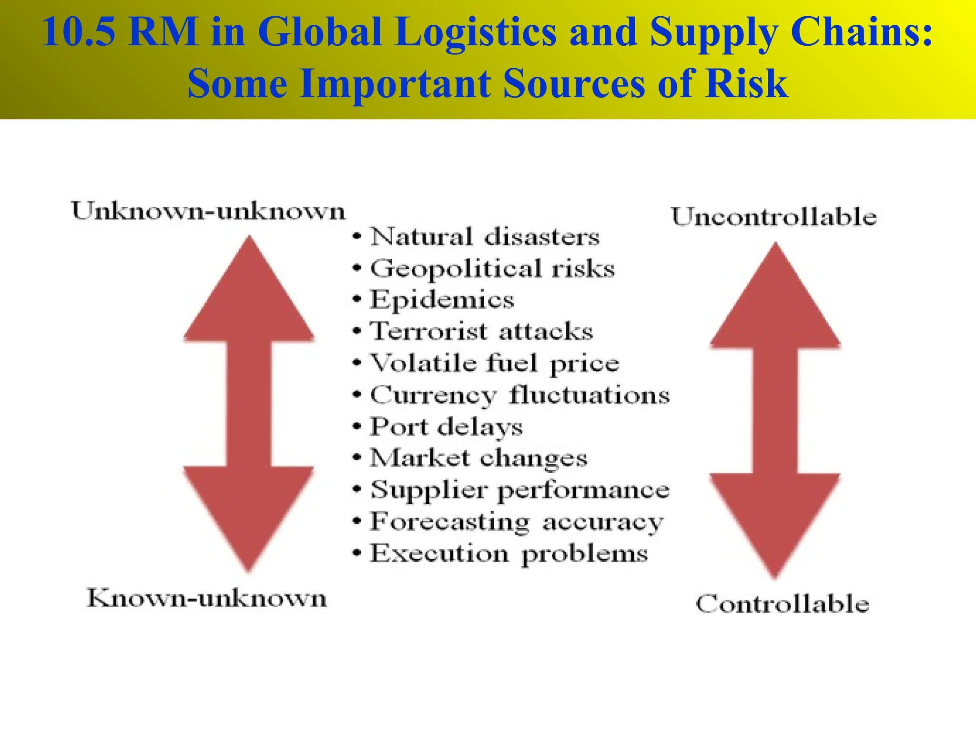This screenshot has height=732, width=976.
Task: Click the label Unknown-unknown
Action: click(x=208, y=211)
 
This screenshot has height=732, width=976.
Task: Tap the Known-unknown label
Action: click(x=207, y=598)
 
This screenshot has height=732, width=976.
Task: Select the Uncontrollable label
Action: click(x=774, y=217)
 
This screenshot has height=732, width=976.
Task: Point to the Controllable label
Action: click(x=783, y=604)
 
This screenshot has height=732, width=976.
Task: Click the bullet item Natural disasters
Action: click(x=484, y=237)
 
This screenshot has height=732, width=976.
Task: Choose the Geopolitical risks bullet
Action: click(x=492, y=268)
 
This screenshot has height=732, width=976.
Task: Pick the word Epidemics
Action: click(x=442, y=300)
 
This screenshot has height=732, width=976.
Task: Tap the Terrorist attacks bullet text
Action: click(x=481, y=331)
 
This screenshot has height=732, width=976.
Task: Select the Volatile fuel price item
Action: click(x=494, y=364)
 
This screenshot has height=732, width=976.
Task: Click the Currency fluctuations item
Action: click(x=519, y=395)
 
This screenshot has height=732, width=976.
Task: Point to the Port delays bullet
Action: click(x=446, y=427)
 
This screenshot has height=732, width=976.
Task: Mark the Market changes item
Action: click(x=478, y=458)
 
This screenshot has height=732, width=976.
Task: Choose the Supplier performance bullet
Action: click(x=519, y=490)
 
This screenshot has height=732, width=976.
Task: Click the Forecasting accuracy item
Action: click(x=517, y=522)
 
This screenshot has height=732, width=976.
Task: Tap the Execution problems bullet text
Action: click(x=509, y=554)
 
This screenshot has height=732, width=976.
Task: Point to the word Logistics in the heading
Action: click(x=475, y=32)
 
